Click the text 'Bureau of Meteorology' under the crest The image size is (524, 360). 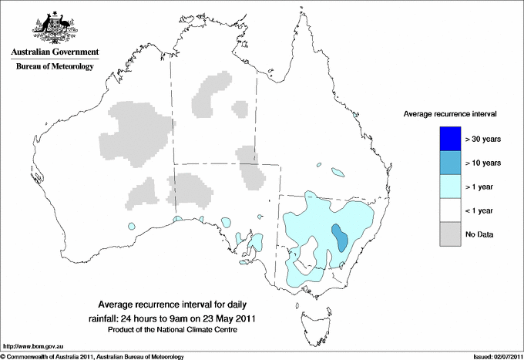(54, 67)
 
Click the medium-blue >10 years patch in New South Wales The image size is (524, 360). (338, 237)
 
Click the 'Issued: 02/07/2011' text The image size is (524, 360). (497, 356)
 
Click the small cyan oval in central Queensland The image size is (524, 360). (337, 171)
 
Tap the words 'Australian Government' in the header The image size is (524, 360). (54, 52)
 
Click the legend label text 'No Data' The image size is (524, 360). (479, 234)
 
